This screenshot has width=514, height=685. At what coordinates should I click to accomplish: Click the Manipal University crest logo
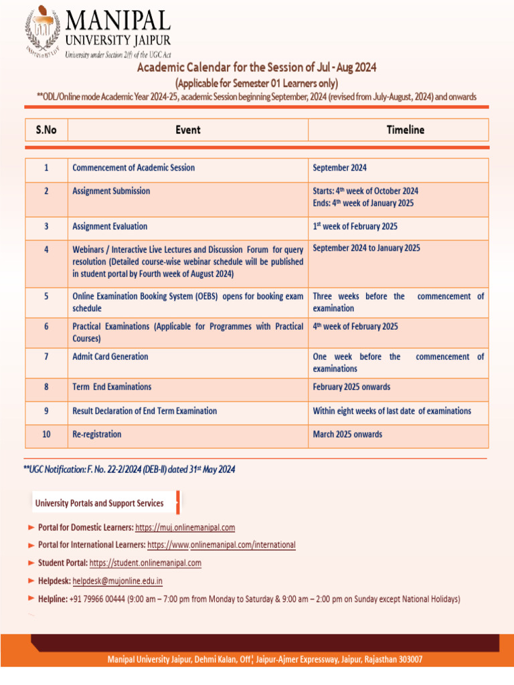(x=43, y=31)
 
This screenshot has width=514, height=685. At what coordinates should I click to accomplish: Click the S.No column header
(x=46, y=130)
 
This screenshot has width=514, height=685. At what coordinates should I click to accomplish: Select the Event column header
(x=187, y=130)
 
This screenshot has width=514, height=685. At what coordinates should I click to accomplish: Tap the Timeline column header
(x=405, y=130)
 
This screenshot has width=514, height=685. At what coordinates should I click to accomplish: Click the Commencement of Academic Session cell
(x=134, y=168)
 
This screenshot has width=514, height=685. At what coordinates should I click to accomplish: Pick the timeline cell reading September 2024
(x=339, y=168)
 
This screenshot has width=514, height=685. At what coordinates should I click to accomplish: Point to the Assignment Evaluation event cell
(x=110, y=227)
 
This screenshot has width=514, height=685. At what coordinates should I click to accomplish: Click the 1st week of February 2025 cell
(x=355, y=227)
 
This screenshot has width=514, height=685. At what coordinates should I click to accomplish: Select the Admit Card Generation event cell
(x=110, y=357)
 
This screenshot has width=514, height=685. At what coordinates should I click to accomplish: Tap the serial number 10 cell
(x=46, y=435)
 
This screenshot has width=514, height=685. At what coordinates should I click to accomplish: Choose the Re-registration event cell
(x=97, y=435)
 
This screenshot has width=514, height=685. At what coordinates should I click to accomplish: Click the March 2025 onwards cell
(x=347, y=435)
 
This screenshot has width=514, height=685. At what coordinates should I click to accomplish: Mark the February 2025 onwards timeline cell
(x=351, y=387)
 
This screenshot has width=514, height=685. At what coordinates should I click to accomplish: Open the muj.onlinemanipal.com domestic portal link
(x=185, y=528)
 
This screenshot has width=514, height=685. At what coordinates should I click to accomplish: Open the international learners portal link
(x=221, y=545)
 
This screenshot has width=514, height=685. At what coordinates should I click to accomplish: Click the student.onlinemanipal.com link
(x=145, y=563)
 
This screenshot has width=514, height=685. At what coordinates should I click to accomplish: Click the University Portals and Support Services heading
(x=99, y=503)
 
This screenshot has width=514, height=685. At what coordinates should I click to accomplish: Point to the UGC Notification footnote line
(x=129, y=470)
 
